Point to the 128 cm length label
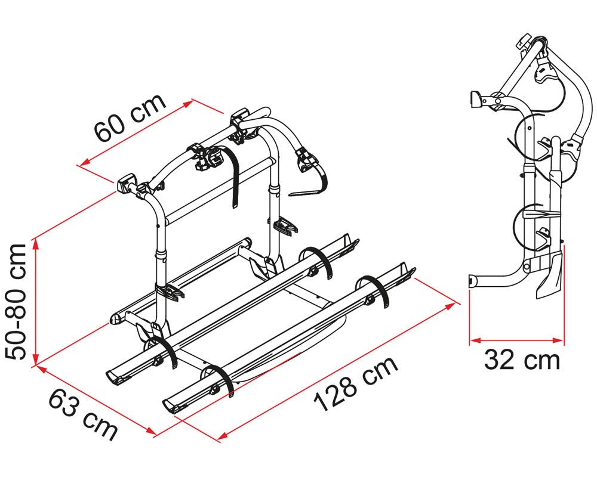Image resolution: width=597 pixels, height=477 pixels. [x=355, y=384]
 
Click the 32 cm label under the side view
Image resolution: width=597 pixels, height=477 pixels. [x=522, y=360]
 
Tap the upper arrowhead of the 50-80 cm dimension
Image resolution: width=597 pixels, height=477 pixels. [x=36, y=244]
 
